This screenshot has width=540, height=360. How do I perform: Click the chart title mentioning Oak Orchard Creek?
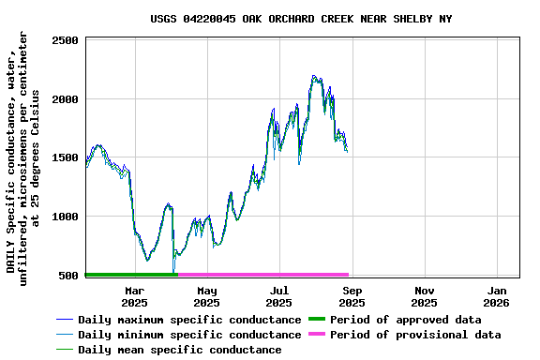300,19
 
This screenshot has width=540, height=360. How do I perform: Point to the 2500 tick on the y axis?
65,40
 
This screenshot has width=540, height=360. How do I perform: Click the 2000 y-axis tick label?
65,99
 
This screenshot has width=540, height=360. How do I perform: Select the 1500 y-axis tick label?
65,157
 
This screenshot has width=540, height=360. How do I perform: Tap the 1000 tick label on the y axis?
65,217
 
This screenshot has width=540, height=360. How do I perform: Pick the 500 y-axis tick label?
68,276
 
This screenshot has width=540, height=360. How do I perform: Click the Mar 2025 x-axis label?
134,296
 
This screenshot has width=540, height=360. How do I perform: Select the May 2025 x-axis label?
206,296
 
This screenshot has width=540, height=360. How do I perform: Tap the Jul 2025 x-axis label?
278,296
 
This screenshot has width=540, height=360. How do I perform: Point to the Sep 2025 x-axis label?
352,296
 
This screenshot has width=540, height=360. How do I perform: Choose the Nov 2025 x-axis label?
424,296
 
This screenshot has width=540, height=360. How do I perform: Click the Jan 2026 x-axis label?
497,296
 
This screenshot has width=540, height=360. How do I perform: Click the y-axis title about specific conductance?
23,157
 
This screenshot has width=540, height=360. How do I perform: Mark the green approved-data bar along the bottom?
130,275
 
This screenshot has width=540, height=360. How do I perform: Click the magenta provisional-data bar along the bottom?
262,275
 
